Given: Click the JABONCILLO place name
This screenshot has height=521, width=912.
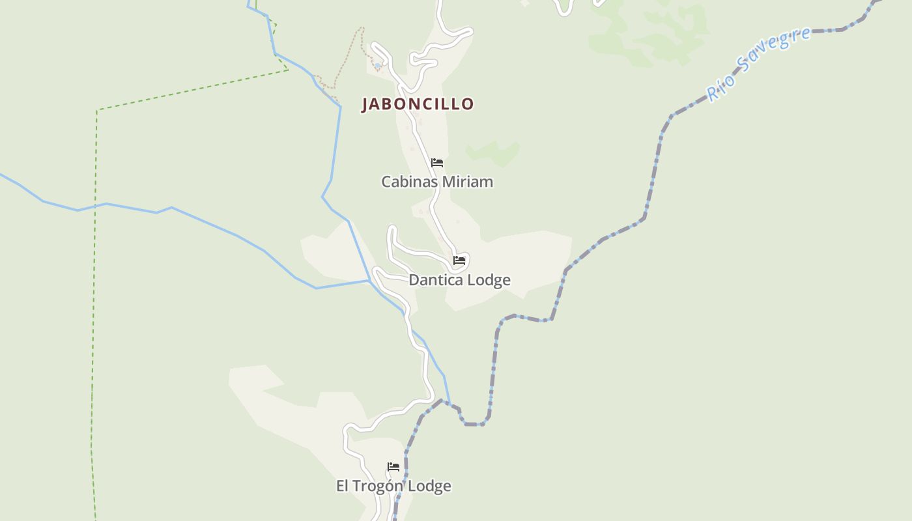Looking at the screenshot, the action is (418, 104).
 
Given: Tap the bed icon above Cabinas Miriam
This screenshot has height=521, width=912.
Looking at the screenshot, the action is (437, 162).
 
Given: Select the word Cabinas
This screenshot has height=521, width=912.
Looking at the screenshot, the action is (407, 182).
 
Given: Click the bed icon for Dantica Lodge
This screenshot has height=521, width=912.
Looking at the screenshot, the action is (459, 260).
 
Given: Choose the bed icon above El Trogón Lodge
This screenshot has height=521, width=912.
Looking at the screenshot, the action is (393, 467).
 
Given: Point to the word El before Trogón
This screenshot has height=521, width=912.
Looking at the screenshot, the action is (343, 486).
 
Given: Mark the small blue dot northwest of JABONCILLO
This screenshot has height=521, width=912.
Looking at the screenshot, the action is (377, 66).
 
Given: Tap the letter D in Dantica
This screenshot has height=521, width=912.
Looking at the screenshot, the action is (414, 280).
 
